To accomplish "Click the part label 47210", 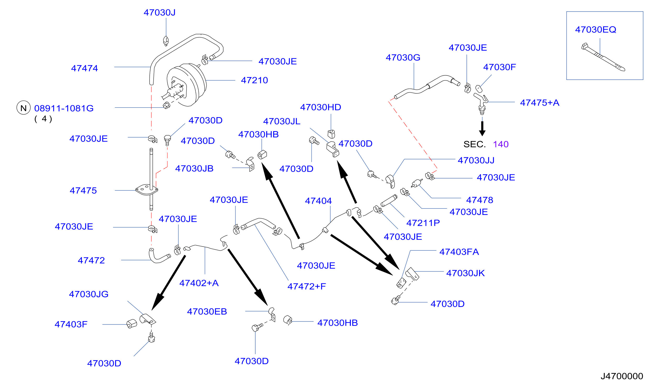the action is click(x=254, y=80).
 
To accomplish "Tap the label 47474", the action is click(x=85, y=68).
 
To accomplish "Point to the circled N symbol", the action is click(x=24, y=108).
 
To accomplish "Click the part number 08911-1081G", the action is click(x=64, y=109).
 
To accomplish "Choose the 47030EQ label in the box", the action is click(x=595, y=30).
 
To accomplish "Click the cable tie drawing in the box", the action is click(x=603, y=57).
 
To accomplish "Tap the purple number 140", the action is click(x=501, y=144).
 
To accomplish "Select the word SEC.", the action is click(x=474, y=144).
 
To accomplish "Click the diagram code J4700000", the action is click(x=622, y=376).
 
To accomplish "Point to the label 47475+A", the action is click(x=540, y=103).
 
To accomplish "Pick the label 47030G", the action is click(x=403, y=57).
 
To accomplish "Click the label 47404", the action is click(x=318, y=201).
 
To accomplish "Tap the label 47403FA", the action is click(x=459, y=252).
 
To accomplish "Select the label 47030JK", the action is click(x=465, y=273).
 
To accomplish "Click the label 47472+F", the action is click(x=307, y=287).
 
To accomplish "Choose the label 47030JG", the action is click(x=89, y=294).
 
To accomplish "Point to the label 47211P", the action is click(x=423, y=223).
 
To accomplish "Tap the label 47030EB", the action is click(x=207, y=312).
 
